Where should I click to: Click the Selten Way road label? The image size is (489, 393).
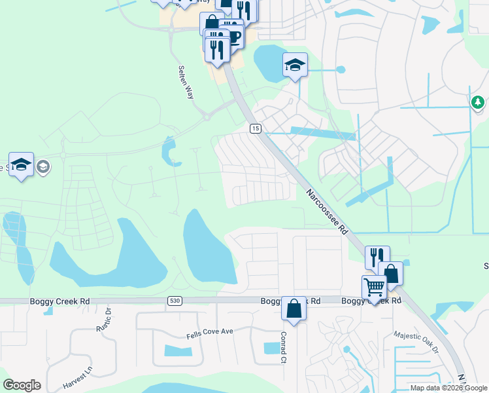(186, 82)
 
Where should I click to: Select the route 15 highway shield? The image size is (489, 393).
(254, 128)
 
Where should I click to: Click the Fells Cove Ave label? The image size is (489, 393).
(209, 332)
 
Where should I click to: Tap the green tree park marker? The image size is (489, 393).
(478, 102)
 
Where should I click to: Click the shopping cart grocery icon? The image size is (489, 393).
(374, 287)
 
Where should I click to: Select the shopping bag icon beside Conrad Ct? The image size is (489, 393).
(294, 307)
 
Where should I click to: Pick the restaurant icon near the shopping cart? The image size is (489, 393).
(377, 257)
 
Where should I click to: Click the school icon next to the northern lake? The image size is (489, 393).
(295, 65)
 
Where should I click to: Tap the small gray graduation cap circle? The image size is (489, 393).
(43, 167)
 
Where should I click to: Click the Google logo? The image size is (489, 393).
(22, 385)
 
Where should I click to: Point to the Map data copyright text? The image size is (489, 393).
(449, 388)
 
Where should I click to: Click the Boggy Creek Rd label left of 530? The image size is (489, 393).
(59, 301)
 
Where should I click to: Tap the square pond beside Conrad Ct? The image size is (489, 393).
(269, 348)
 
